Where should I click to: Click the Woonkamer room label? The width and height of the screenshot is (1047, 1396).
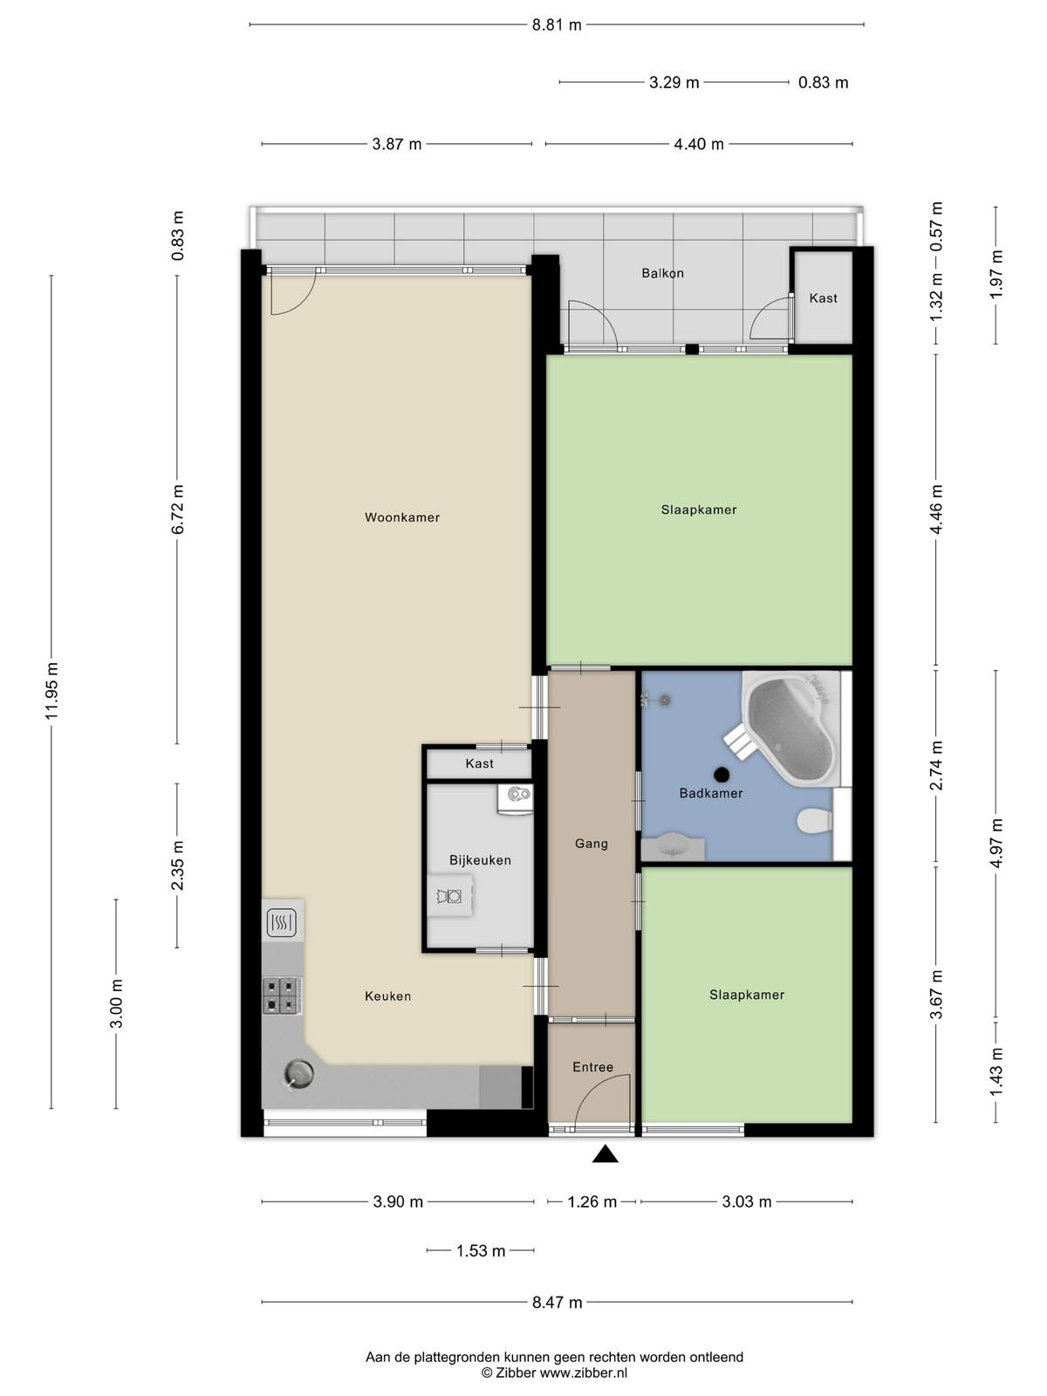tap(401, 517)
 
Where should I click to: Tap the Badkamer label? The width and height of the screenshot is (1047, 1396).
tap(711, 793)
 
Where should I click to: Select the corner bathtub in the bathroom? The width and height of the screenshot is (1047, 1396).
tap(791, 728)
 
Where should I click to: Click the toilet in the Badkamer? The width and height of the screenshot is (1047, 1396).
tap(814, 820)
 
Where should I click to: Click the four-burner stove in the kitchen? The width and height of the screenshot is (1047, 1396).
tap(282, 996)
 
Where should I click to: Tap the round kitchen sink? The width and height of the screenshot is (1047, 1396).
tap(298, 1075)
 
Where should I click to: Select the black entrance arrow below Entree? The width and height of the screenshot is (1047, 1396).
tap(606, 1154)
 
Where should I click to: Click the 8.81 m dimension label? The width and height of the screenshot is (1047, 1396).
tap(557, 25)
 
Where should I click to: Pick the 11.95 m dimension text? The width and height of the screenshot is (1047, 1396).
tap(52, 691)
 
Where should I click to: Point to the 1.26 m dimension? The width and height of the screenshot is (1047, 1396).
tap(592, 1202)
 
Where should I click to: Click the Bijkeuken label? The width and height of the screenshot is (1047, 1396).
tap(480, 860)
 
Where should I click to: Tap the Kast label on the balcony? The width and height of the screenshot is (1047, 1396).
tap(824, 298)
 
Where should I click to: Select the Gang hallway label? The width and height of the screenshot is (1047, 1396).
tap(592, 844)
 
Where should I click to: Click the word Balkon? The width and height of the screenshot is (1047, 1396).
tap(662, 273)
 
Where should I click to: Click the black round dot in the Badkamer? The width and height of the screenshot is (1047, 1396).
tap(722, 774)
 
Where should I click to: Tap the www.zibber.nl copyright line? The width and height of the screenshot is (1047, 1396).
tap(554, 1373)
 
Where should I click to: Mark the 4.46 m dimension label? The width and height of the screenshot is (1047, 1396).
tap(936, 510)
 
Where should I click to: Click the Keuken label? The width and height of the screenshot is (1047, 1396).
tap(387, 996)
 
